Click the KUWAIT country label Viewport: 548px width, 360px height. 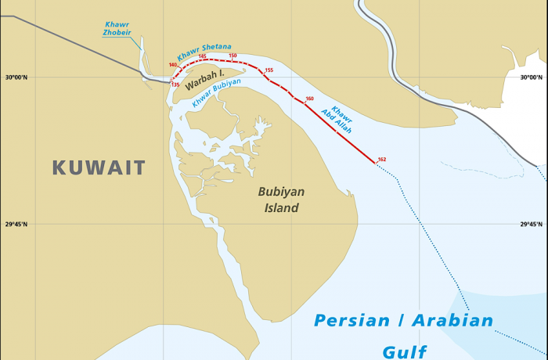click(99, 167)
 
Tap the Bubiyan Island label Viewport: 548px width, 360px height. click(281, 200)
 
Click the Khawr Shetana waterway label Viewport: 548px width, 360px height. click(204, 52)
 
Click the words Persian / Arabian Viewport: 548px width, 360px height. click(403, 321)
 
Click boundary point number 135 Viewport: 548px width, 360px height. click(175, 85)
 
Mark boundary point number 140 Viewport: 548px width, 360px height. click(172, 65)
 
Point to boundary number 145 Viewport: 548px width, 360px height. click(202, 56)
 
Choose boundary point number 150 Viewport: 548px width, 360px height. click(233, 56)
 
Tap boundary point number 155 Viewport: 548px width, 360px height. click(269, 70)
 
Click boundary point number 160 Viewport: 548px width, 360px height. click(309, 99)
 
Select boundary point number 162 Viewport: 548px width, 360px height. click(381, 160)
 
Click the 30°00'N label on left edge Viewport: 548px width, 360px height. click(16, 77)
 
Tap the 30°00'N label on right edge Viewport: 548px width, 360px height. click(532, 77)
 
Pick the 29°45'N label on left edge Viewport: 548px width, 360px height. click(16, 225)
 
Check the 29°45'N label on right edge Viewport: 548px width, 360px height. click(532, 225)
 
